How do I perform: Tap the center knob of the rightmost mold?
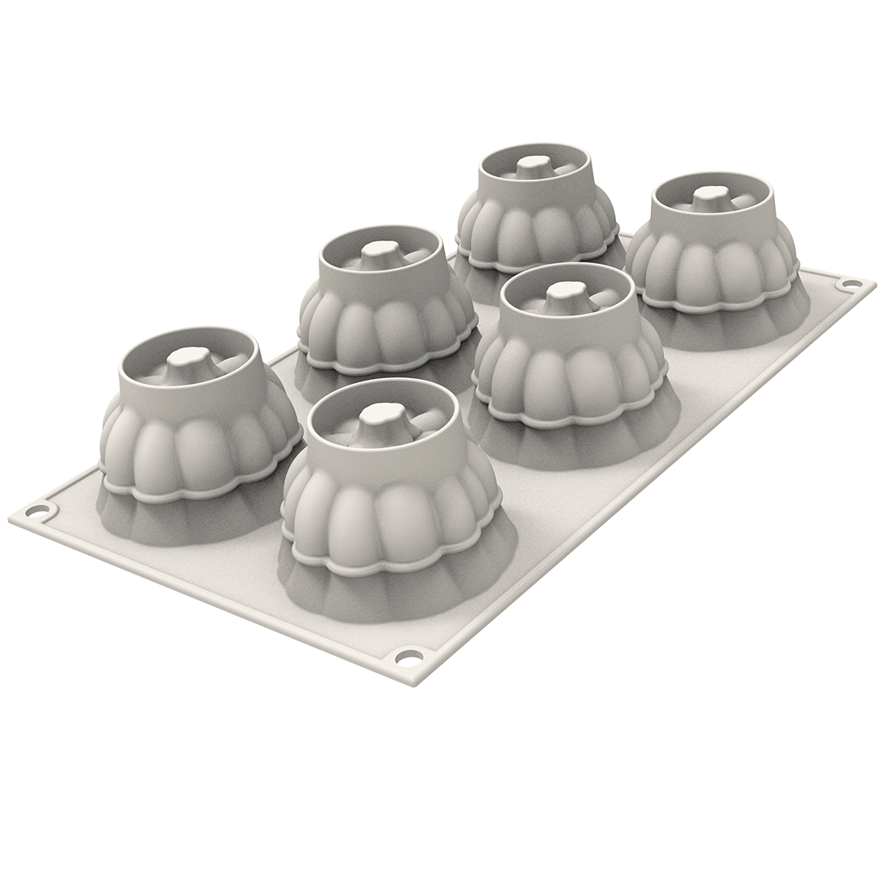(711, 195)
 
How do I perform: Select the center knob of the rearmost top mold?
(534, 163)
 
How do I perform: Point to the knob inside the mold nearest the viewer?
(383, 415)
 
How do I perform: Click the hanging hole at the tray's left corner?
(37, 511)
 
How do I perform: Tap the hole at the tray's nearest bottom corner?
(409, 657)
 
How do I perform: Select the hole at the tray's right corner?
(851, 284)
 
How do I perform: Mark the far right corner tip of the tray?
(874, 284)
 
